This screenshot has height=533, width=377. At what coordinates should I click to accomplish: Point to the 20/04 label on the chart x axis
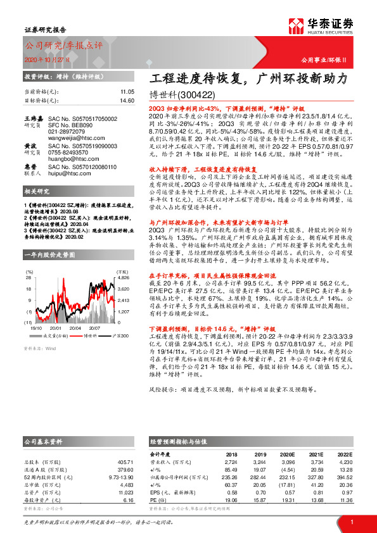[x=75, y=328]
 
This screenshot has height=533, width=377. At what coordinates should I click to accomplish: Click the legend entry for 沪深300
[x=118, y=335]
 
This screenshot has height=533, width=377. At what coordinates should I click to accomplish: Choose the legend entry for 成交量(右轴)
[x=54, y=335]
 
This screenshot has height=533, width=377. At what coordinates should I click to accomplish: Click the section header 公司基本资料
[x=44, y=440]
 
